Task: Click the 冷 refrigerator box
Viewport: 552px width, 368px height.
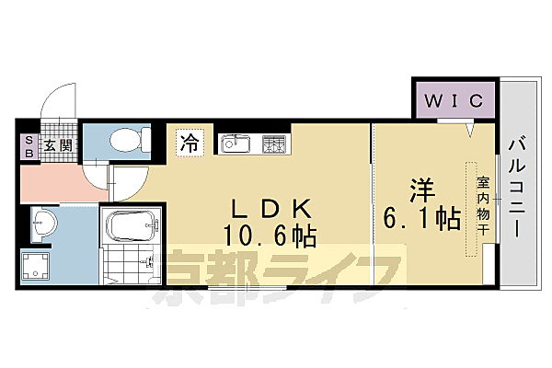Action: (189, 143)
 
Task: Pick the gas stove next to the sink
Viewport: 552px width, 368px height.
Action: (275, 144)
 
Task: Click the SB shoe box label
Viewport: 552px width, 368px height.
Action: (28, 147)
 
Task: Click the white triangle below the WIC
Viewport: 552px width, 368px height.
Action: (469, 131)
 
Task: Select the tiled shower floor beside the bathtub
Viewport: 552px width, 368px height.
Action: (133, 267)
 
